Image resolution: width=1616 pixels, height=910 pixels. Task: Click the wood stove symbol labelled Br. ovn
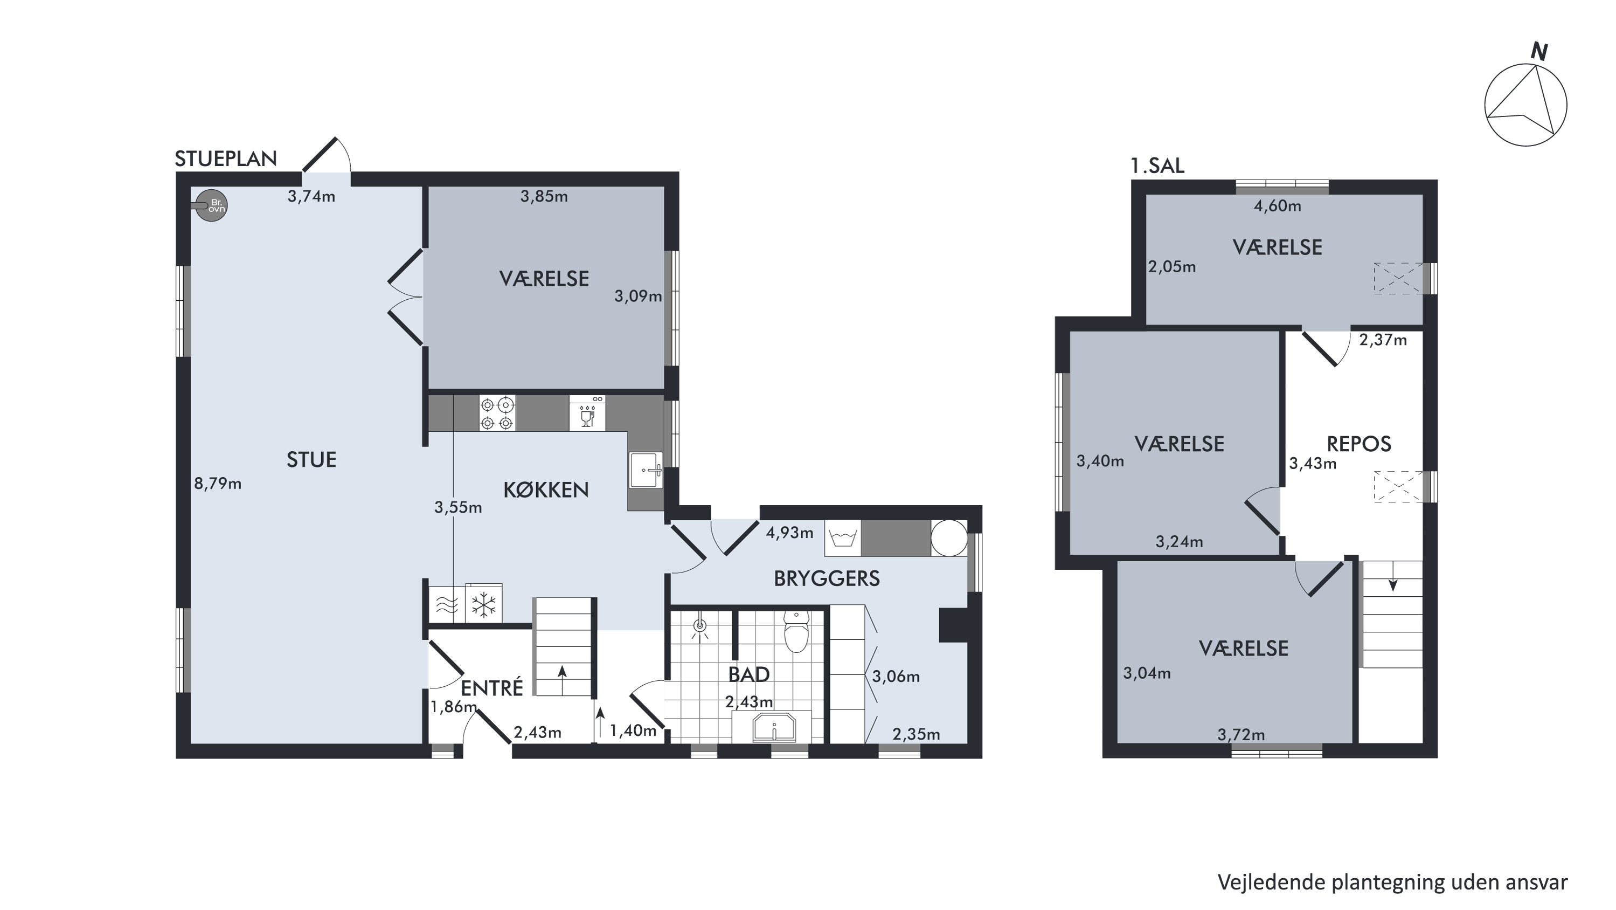tap(211, 205)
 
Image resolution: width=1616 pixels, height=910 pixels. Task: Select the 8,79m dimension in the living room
tap(218, 484)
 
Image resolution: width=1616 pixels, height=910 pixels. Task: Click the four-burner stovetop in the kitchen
tap(497, 412)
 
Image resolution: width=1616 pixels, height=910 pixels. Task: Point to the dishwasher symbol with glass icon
tap(587, 412)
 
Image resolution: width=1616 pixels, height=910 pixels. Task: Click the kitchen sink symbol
tap(646, 470)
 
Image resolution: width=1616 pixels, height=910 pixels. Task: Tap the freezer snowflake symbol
tap(484, 605)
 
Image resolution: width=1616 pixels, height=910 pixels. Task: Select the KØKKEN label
tap(546, 490)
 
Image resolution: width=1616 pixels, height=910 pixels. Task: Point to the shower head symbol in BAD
tap(700, 626)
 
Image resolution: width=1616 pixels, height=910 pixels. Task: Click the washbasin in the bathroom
tap(773, 727)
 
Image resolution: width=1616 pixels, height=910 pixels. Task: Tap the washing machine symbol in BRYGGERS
tap(843, 539)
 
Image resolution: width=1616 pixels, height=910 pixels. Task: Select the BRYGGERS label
tap(827, 578)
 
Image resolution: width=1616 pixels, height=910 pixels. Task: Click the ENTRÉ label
tap(492, 688)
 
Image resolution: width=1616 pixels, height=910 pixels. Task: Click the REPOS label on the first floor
tap(1359, 444)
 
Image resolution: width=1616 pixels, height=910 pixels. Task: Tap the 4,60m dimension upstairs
tap(1277, 206)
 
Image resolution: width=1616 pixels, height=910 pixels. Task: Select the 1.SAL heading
tap(1157, 166)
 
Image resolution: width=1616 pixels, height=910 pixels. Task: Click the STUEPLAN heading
tap(226, 160)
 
